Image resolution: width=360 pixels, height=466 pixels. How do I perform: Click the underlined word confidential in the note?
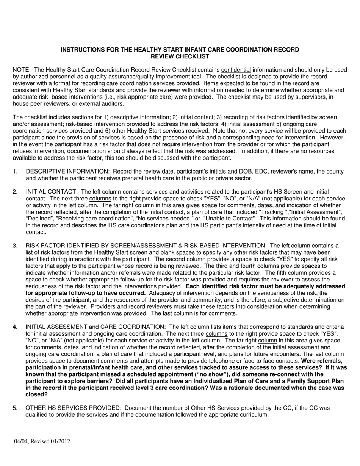coord(236,70)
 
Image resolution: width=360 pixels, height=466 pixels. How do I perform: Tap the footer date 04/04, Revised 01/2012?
coord(42,441)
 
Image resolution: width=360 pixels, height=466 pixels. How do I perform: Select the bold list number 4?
coord(15,327)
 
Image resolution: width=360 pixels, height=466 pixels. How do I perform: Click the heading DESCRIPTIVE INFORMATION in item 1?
coord(67,172)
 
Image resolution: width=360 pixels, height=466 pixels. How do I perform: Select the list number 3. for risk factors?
coord(15,246)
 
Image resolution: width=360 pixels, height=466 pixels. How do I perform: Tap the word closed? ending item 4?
coord(36,394)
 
